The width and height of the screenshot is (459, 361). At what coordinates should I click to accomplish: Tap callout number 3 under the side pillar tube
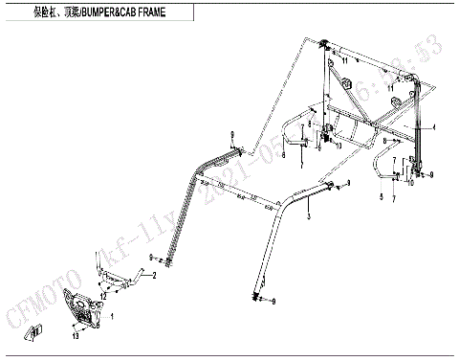309,218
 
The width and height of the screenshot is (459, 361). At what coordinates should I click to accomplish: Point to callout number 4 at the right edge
433,127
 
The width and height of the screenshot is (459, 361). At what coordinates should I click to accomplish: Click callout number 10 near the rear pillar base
411,183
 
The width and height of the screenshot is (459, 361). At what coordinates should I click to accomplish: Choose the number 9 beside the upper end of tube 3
350,182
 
